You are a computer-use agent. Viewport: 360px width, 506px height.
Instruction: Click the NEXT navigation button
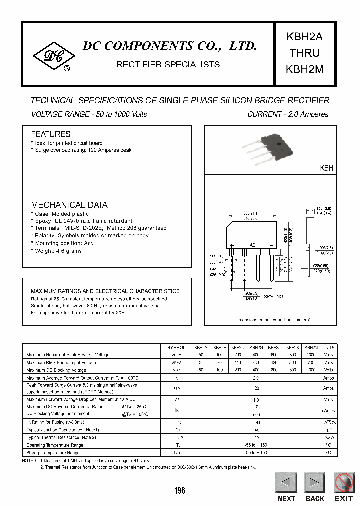pyautogui.click(x=286, y=484)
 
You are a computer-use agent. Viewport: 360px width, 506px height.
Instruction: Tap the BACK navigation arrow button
pyautogui.click(x=315, y=484)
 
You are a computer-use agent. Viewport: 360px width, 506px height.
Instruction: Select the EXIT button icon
pyautogui.click(x=344, y=484)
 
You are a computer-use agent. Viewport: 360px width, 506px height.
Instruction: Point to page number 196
pyautogui.click(x=180, y=491)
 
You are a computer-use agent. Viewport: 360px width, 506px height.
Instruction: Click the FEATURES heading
pyautogui.click(x=51, y=134)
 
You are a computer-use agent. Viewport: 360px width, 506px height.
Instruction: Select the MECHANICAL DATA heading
pyautogui.click(x=69, y=205)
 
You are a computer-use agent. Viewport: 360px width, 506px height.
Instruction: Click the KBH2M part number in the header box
pyautogui.click(x=304, y=70)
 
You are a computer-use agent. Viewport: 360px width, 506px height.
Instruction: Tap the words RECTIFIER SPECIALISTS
pyautogui.click(x=168, y=65)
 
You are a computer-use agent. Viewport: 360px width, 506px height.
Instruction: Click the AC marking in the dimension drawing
pyautogui.click(x=253, y=246)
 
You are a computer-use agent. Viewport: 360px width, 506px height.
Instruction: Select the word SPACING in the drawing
pyautogui.click(x=273, y=297)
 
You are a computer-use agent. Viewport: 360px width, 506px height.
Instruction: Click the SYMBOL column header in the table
pyautogui.click(x=176, y=347)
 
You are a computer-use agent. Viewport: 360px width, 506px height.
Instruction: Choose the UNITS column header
pyautogui.click(x=328, y=347)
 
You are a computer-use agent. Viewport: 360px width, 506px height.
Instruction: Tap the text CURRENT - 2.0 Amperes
pyautogui.click(x=288, y=114)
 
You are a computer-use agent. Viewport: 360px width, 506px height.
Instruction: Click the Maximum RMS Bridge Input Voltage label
pyautogui.click(x=61, y=362)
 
